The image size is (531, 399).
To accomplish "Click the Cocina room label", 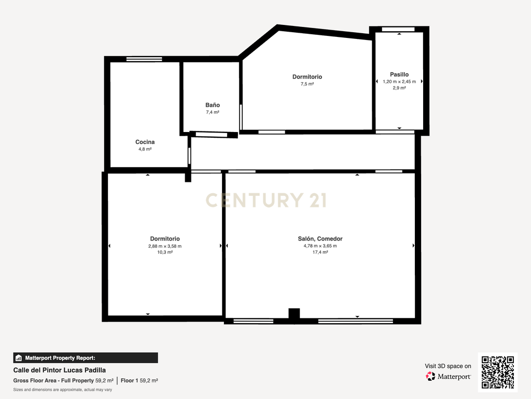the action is pyautogui.click(x=145, y=142).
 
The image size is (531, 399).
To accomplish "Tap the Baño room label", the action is pyautogui.click(x=212, y=105).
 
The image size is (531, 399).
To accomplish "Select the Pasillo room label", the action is pyautogui.click(x=399, y=74).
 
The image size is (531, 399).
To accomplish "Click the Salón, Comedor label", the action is pyautogui.click(x=320, y=238).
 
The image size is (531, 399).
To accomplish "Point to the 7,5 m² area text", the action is pyautogui.click(x=307, y=84).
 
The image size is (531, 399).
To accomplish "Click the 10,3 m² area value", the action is pyautogui.click(x=165, y=252).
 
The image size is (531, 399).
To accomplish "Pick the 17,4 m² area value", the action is pyautogui.click(x=320, y=252).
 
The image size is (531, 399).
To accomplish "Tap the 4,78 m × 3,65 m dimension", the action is pyautogui.click(x=320, y=246).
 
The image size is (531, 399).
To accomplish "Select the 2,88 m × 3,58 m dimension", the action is pyautogui.click(x=165, y=246).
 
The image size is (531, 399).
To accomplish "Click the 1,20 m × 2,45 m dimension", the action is pyautogui.click(x=399, y=82).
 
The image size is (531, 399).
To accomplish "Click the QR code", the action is pyautogui.click(x=497, y=372).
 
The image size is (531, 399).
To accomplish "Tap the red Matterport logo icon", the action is pyautogui.click(x=430, y=376).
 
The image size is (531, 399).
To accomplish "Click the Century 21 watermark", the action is pyautogui.click(x=266, y=200).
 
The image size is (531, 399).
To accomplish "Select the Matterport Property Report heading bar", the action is pyautogui.click(x=86, y=358).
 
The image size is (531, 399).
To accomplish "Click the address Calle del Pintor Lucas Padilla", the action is pyautogui.click(x=60, y=370).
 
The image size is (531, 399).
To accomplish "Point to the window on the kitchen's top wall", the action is pyautogui.click(x=144, y=59).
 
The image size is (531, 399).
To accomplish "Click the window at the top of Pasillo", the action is pyautogui.click(x=398, y=30).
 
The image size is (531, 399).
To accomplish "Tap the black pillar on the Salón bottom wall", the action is pyautogui.click(x=294, y=313).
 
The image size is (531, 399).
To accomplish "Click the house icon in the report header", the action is pyautogui.click(x=19, y=358).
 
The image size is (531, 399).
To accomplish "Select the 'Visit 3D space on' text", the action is pyautogui.click(x=448, y=366).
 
